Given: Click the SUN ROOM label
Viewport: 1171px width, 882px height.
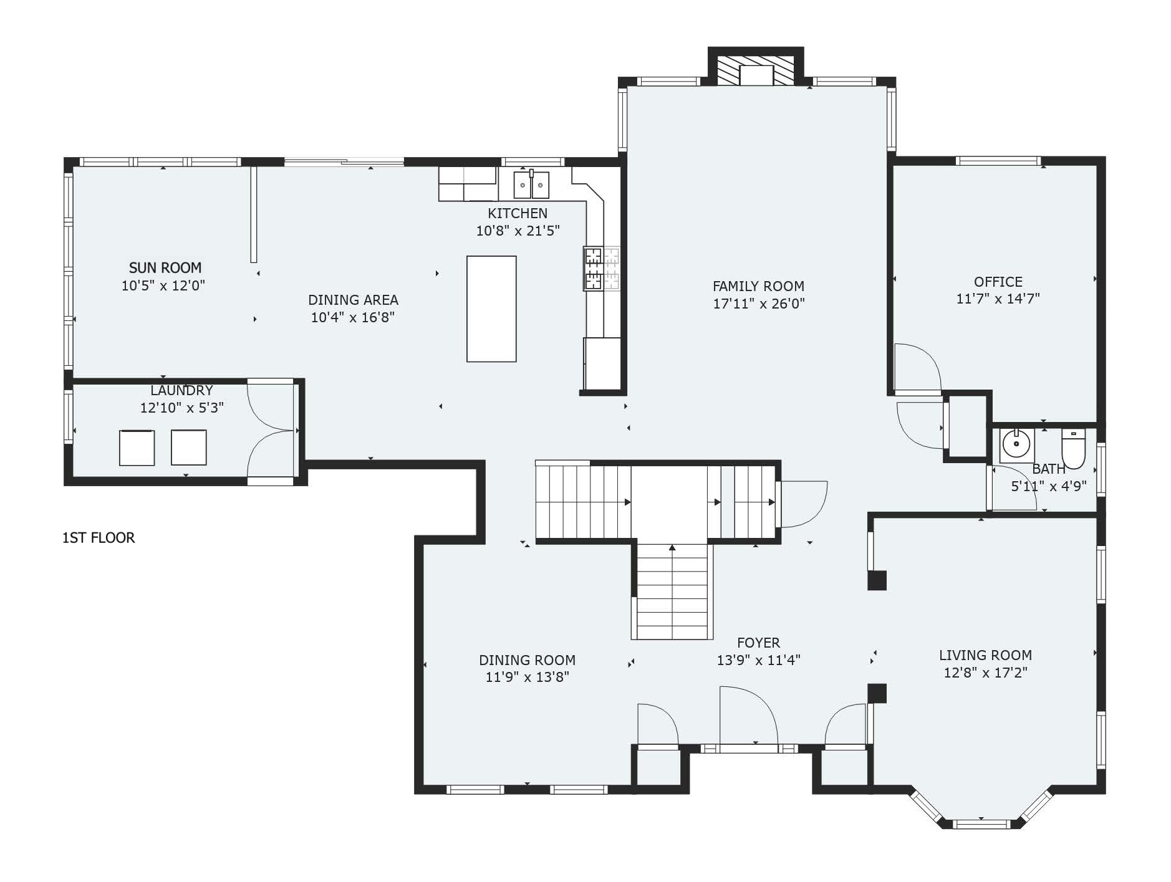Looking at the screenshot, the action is (165, 267).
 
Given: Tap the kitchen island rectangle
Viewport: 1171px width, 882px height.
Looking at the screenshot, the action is (491, 309).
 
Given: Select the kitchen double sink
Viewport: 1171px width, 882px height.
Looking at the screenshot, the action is (531, 185).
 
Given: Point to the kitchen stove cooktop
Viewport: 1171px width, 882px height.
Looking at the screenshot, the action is (602, 269).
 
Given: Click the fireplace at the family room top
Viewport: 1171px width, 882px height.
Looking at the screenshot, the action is (756, 70).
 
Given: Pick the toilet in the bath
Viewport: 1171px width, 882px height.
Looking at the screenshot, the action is (1074, 449).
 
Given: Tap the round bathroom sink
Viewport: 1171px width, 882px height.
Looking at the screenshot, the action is (1017, 444).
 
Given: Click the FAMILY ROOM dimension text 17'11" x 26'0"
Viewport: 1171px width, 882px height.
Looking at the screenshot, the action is (759, 304).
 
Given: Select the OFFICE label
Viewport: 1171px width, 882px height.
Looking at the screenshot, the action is (998, 282).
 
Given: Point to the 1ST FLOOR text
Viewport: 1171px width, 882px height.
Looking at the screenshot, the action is (99, 537).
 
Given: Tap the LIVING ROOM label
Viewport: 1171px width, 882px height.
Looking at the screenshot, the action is (985, 655).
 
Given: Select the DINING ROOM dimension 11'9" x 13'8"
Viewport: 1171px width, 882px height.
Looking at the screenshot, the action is (528, 677).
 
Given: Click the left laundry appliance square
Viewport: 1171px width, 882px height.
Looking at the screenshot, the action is (137, 448).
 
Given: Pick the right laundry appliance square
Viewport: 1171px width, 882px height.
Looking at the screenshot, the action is (189, 448).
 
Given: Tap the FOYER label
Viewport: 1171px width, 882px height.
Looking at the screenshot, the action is (758, 643).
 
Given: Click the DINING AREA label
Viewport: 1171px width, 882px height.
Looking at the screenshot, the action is (353, 300).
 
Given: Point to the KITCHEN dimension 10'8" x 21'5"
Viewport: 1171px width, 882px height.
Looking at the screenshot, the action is (518, 231).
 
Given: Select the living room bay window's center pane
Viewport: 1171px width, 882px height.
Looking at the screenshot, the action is (981, 824).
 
